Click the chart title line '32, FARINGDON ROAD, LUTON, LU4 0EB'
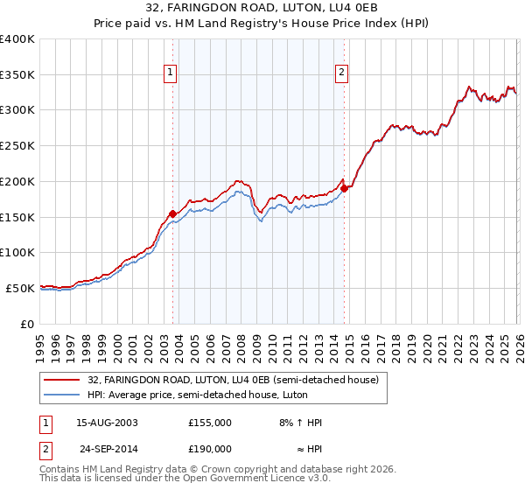[x=262, y=8]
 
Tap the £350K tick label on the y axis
[x=17, y=75]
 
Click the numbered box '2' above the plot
[x=341, y=73]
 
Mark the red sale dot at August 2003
[x=172, y=213]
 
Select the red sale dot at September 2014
[x=344, y=188]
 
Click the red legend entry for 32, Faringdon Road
[x=233, y=380]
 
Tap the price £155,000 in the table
[x=210, y=423]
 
